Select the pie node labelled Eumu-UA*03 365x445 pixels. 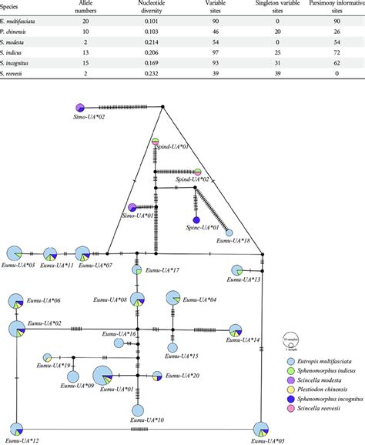click(15, 253)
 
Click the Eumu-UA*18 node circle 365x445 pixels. click(229, 232)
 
